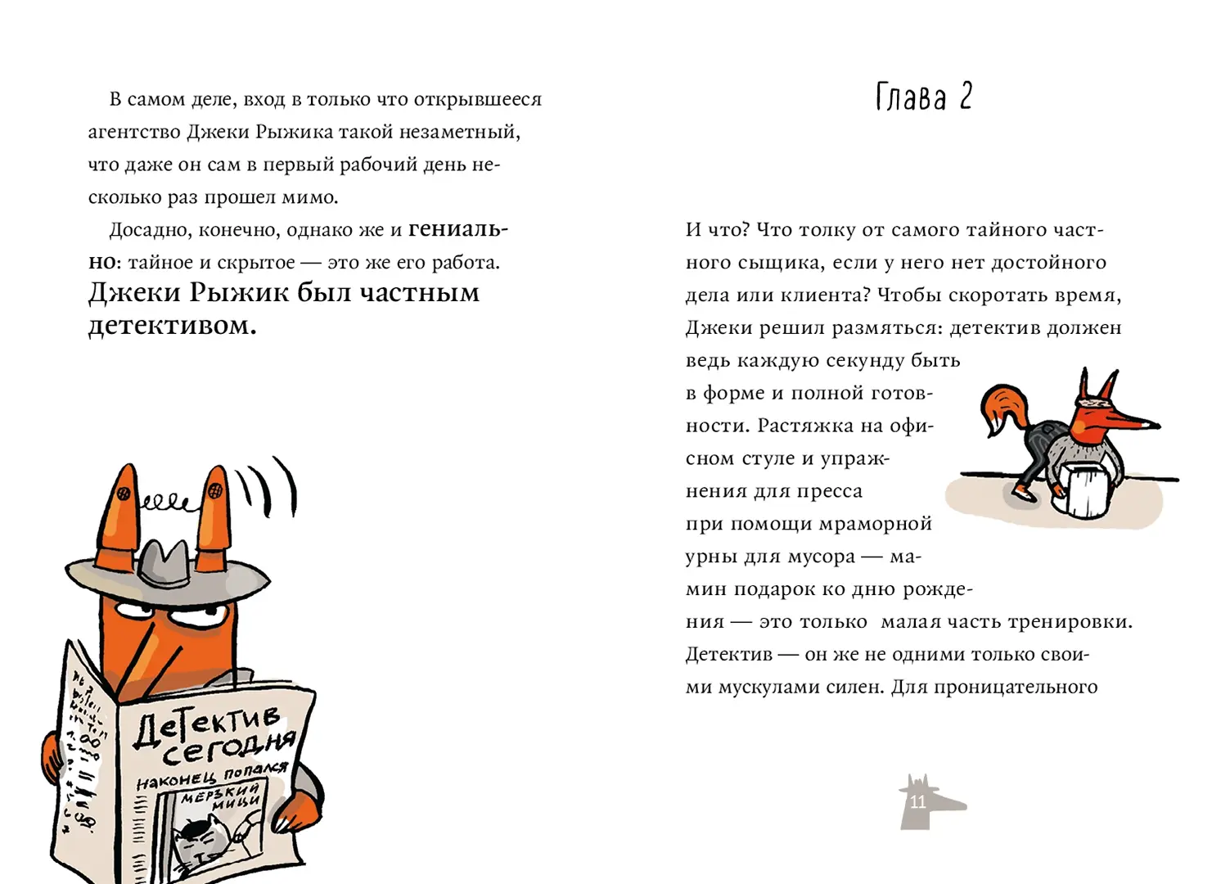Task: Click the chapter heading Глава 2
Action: coord(923,97)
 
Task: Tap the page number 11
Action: coord(917,802)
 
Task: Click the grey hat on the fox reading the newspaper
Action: coord(168,566)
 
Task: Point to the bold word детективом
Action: coord(172,326)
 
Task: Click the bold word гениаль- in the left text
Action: coord(457,230)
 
